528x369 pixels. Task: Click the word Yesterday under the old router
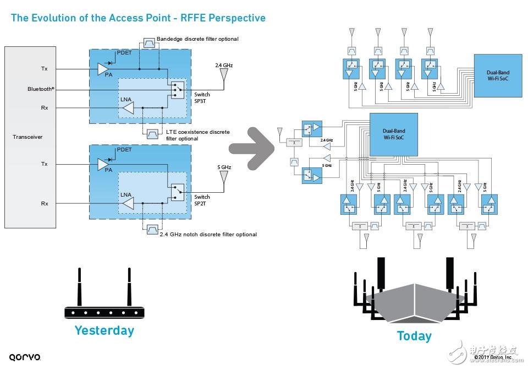[x=104, y=330]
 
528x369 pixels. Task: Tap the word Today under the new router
[x=414, y=336]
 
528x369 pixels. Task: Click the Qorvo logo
[x=25, y=357]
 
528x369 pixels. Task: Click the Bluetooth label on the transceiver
[x=42, y=89]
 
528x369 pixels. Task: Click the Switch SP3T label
[x=202, y=98]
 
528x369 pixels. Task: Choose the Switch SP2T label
[x=202, y=200]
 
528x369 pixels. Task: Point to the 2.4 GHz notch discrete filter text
[x=208, y=234]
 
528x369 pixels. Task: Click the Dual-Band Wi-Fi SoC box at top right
[x=498, y=75]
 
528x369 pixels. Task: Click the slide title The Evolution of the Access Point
[x=138, y=18]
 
